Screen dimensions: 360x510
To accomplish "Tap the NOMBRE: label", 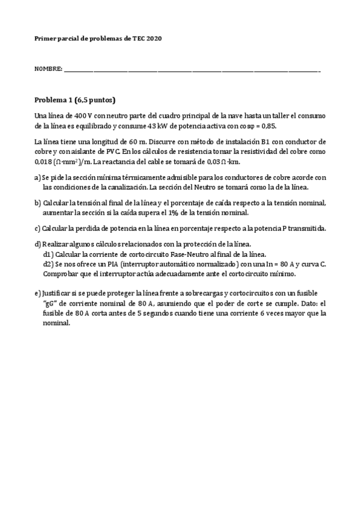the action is (48, 70).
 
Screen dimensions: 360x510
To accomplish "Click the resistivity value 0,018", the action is (44, 162).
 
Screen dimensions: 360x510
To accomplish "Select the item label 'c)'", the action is (37, 229).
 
